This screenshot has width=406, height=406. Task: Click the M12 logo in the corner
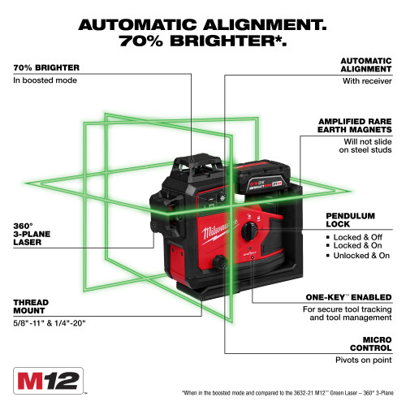pyautogui.click(x=49, y=378)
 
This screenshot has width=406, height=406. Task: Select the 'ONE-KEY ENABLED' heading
pyautogui.click(x=350, y=297)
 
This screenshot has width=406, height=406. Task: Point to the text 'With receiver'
pyautogui.click(x=365, y=80)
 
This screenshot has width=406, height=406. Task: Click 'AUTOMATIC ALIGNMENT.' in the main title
pyautogui.click(x=203, y=25)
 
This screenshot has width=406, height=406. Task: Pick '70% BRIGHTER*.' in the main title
pyautogui.click(x=203, y=42)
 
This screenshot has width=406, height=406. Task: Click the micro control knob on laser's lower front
pyautogui.click(x=221, y=263)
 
